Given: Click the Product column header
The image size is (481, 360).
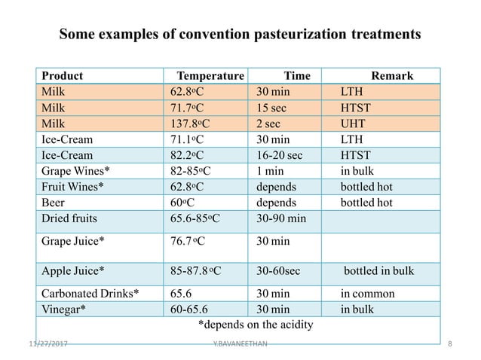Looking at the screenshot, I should click(x=62, y=76).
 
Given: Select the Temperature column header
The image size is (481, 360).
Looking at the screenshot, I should click(x=210, y=76).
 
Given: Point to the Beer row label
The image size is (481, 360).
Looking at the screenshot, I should click(x=54, y=203).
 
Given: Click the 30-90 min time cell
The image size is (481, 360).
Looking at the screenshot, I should click(x=282, y=218).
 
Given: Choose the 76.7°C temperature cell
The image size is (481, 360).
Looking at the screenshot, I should click(x=191, y=242).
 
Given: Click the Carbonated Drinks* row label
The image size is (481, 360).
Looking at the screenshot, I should click(x=90, y=294).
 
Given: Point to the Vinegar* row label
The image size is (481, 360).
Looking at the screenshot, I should click(x=63, y=309).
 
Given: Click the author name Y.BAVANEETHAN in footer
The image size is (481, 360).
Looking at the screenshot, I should click(x=240, y=343).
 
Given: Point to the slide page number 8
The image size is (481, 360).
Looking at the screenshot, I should click(x=450, y=343).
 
